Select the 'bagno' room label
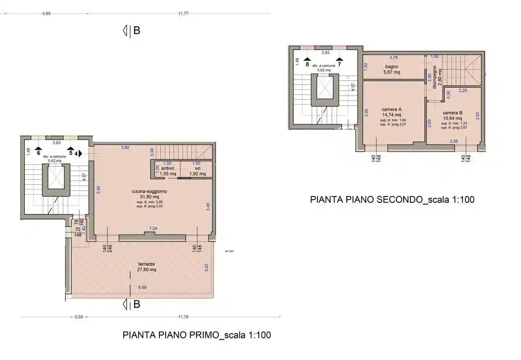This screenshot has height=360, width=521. coord(391,66)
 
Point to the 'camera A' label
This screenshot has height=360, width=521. coord(391,109)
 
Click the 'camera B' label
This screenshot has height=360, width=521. coord(452,113)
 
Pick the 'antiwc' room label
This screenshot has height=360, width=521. coord(167,168)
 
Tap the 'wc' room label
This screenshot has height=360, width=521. coord(197,168)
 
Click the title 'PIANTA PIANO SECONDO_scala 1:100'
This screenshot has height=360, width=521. coord(392,200)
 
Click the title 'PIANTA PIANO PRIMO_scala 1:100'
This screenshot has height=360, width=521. coord(197,335)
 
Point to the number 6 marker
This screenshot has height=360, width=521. coord(39,153)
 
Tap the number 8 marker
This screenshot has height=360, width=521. coord(307,64)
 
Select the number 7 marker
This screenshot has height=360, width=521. coord(339,64)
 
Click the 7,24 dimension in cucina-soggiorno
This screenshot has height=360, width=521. coord(154,229)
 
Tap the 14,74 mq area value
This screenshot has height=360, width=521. coord(391,115)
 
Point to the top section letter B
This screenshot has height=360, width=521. coord(137,31)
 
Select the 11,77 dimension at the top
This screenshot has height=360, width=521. coord(183,14)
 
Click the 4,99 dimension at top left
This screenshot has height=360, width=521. coord(46,14)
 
